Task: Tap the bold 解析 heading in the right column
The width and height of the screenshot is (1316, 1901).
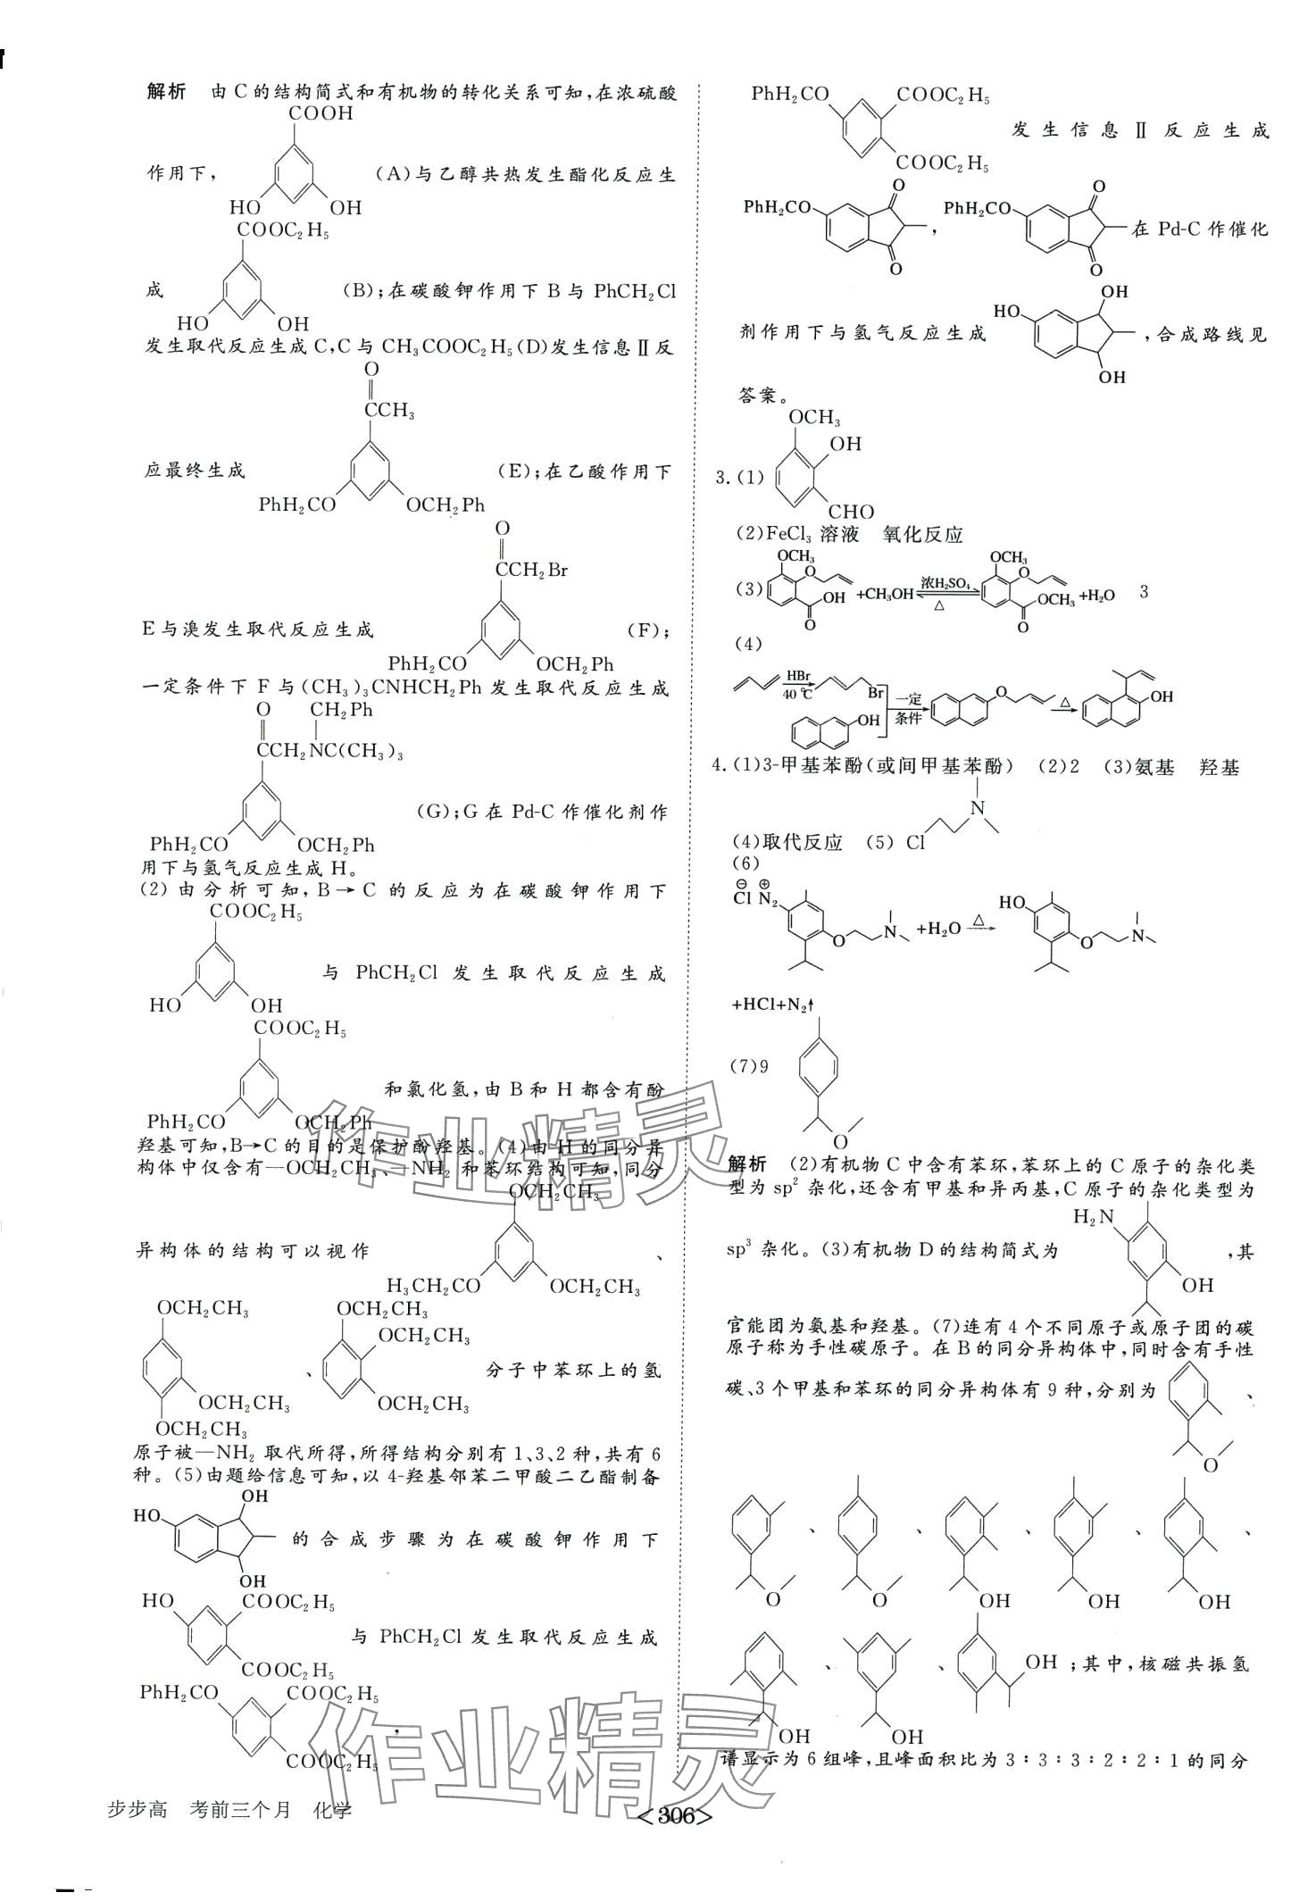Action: tap(748, 1164)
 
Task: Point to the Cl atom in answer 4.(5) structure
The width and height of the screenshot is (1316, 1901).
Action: tap(915, 842)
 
